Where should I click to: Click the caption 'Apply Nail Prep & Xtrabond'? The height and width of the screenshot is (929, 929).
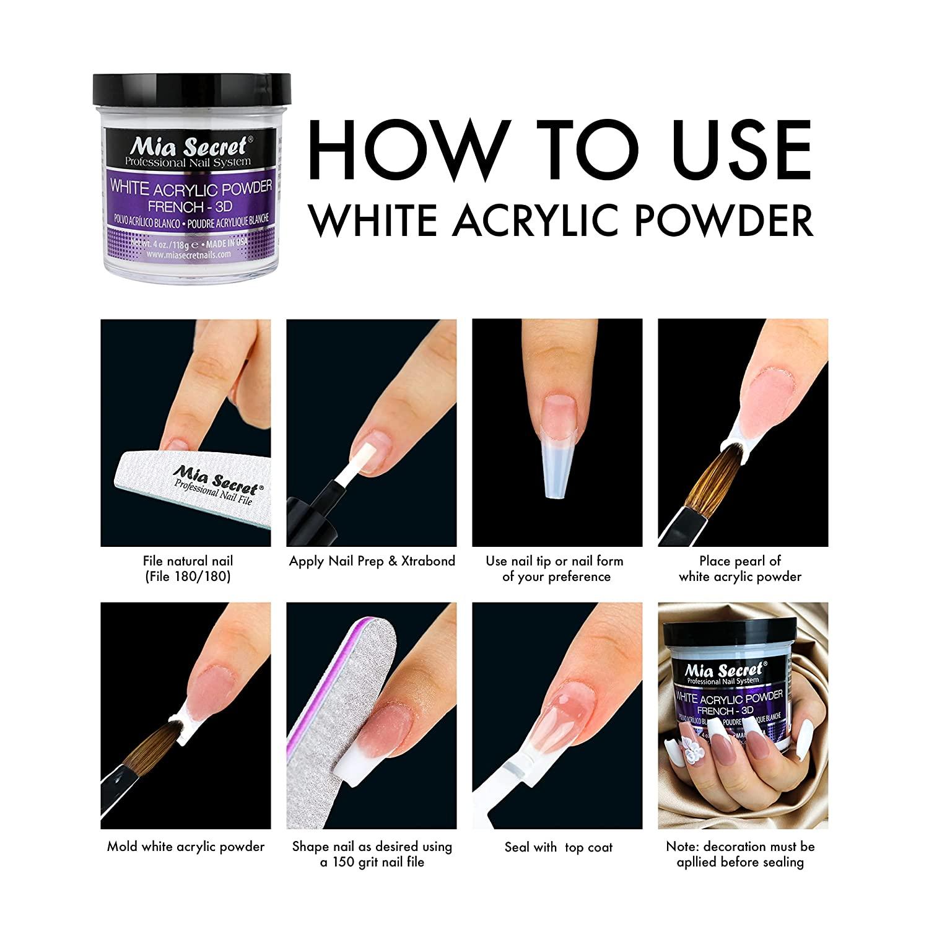coord(372,561)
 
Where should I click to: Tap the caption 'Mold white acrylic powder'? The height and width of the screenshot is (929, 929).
coord(186,847)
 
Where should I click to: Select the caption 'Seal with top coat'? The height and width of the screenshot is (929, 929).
coord(557,847)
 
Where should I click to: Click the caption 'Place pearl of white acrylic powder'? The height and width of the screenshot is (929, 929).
coord(740,569)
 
